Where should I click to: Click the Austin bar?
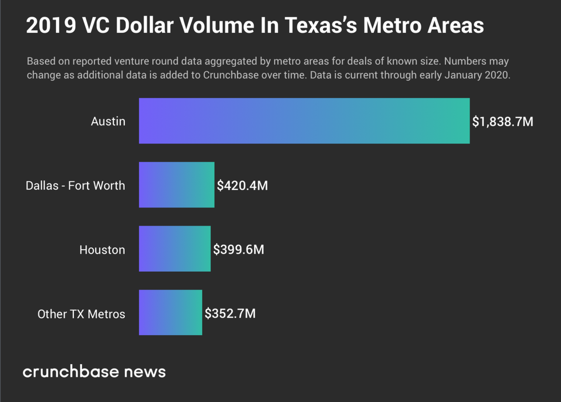(304, 121)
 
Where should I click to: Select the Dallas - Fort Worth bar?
(176, 185)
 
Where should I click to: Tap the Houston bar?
(175, 249)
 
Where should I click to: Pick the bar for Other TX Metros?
(170, 313)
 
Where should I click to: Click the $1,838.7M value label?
(503, 122)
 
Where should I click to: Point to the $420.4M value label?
(242, 185)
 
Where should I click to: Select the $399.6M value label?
(239, 249)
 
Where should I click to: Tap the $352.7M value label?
(230, 314)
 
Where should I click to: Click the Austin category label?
(108, 122)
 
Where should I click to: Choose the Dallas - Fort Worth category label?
(75, 186)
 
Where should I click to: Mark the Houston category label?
(102, 250)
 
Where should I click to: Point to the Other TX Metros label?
(81, 314)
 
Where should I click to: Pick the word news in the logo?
(147, 372)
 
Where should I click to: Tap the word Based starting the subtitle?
(40, 61)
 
